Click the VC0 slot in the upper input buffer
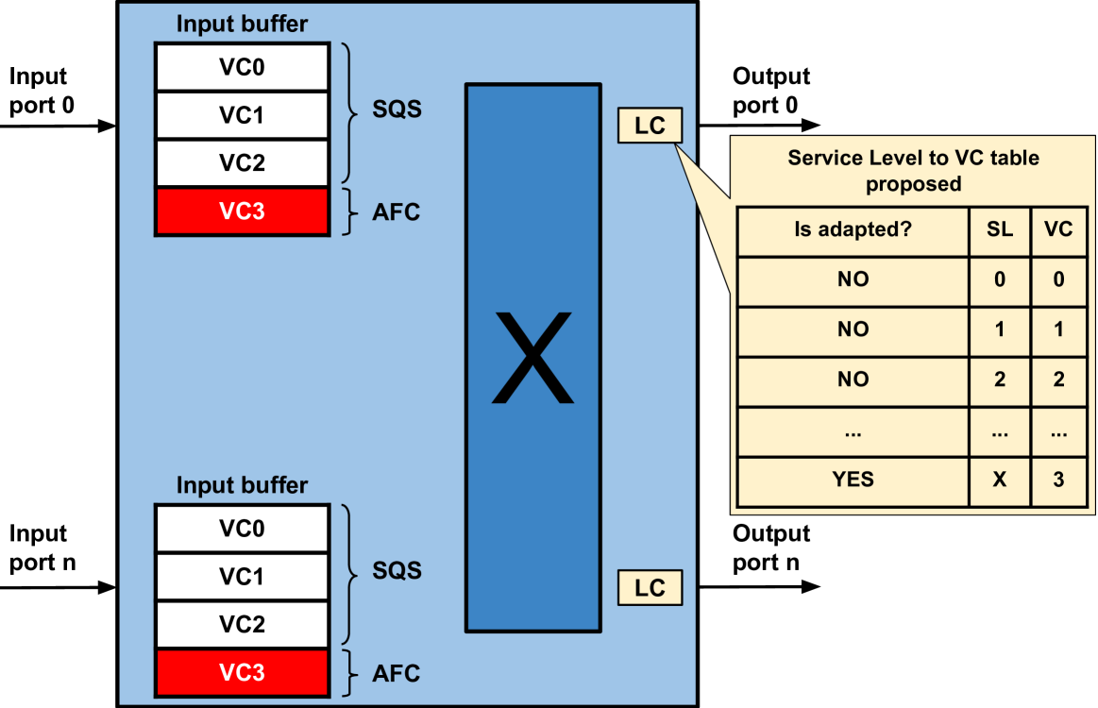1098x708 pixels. click(242, 68)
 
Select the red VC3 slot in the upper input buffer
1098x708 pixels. click(242, 211)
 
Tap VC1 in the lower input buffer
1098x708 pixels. click(242, 577)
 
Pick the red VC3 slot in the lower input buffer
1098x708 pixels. click(242, 673)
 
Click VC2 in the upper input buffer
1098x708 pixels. click(242, 163)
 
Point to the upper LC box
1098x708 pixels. click(650, 126)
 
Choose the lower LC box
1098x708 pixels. click(650, 588)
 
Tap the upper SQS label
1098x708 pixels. click(397, 110)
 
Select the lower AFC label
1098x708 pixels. click(397, 674)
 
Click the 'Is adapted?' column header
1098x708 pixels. click(853, 229)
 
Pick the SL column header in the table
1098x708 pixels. click(999, 229)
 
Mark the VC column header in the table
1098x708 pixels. click(1058, 229)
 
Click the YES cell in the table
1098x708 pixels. click(853, 480)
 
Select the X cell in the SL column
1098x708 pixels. click(999, 480)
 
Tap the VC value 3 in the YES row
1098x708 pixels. click(1058, 480)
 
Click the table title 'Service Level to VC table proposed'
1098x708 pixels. click(913, 170)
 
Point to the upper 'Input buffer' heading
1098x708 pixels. click(242, 25)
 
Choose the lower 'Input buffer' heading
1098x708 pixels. click(242, 485)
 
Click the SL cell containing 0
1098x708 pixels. click(999, 280)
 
